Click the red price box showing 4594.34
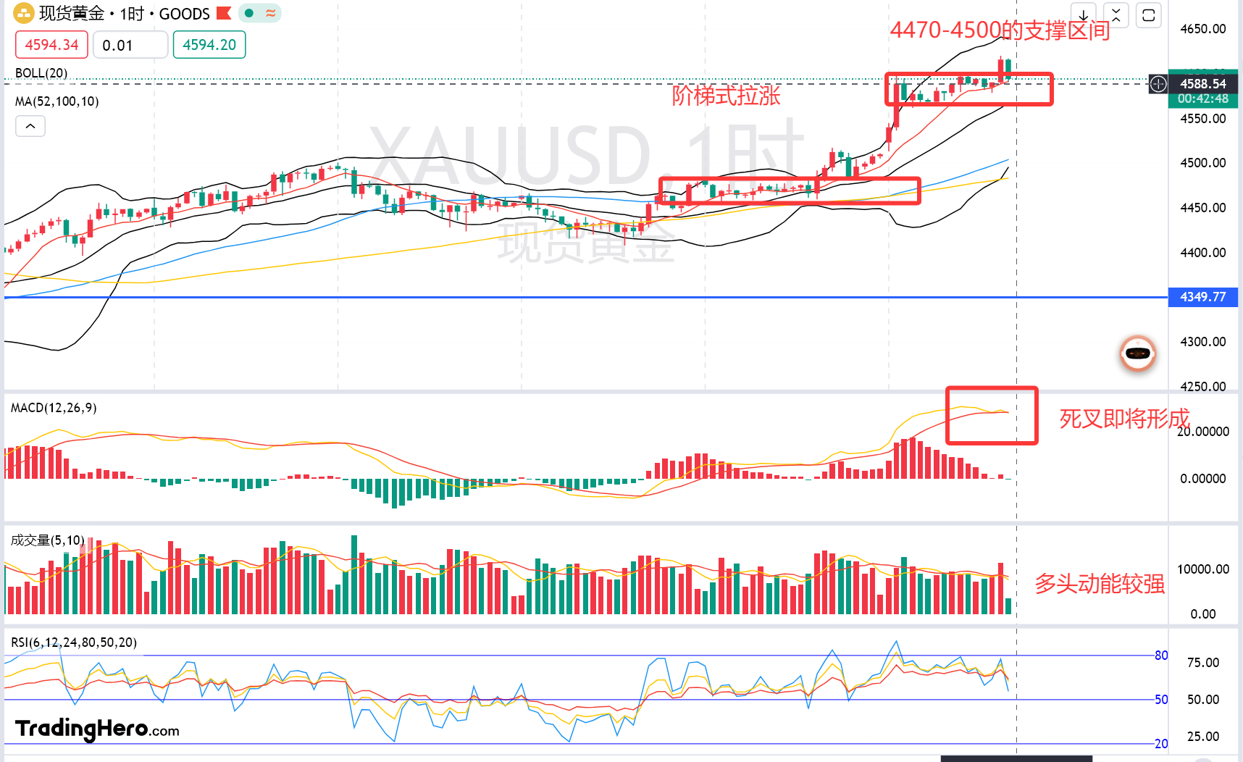51,45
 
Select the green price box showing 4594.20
209,45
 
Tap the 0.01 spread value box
130,45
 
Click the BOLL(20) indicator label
41,73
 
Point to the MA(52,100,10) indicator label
57,101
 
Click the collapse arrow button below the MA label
30,126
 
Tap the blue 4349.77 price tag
1202,297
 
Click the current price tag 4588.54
1202,84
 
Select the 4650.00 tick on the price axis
1202,29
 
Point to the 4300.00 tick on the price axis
1202,342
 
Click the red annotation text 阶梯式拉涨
726,96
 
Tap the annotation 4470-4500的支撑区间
1000,30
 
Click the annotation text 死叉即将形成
1124,419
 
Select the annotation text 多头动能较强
1100,584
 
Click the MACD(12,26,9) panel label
54,408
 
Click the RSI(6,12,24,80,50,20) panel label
74,642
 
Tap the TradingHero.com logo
97,729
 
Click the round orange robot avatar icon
1138,353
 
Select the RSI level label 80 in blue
1161,656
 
